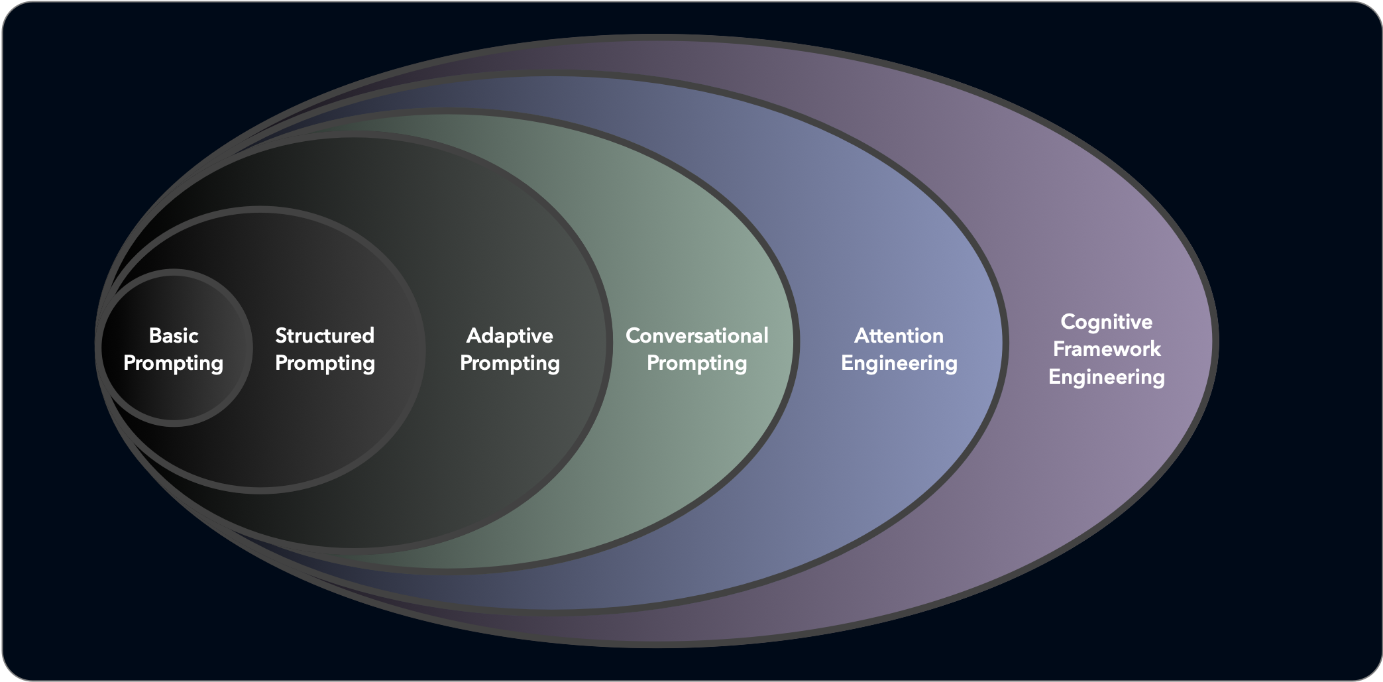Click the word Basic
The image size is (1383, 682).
click(x=174, y=335)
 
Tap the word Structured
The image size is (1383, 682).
click(x=325, y=335)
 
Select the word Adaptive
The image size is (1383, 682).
click(x=510, y=335)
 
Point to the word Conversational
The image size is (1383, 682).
click(x=697, y=335)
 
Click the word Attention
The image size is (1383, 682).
click(x=899, y=335)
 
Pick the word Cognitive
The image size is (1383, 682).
click(x=1107, y=321)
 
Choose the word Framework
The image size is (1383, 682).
click(x=1107, y=349)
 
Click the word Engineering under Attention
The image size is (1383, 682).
click(x=899, y=363)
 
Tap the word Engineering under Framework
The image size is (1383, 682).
click(x=1107, y=377)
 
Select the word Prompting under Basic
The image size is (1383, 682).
click(x=174, y=363)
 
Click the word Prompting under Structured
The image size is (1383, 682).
click(x=325, y=363)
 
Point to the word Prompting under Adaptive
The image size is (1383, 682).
click(x=510, y=363)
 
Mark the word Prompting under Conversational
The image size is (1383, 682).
click(x=697, y=363)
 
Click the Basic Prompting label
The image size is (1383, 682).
click(x=174, y=349)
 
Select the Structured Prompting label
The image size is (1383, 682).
click(x=325, y=349)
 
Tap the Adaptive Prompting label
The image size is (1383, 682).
click(x=510, y=349)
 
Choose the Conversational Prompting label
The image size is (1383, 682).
click(x=697, y=349)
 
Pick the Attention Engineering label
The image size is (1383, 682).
click(x=899, y=349)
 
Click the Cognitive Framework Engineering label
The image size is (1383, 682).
click(x=1107, y=349)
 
